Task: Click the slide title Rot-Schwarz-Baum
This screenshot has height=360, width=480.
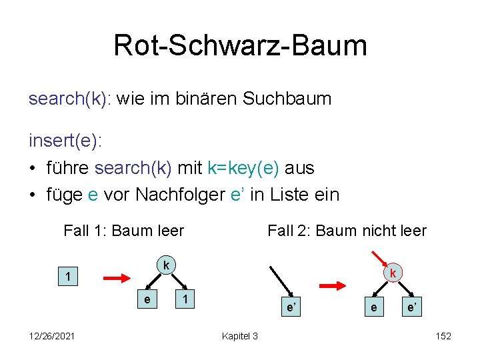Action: click(240, 45)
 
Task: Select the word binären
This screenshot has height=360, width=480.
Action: click(205, 99)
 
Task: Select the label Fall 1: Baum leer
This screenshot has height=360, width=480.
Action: click(123, 231)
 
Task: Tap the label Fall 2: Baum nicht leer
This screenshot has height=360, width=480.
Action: click(347, 231)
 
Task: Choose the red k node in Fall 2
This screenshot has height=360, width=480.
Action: click(394, 273)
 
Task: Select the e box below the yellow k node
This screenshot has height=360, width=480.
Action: click(147, 300)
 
